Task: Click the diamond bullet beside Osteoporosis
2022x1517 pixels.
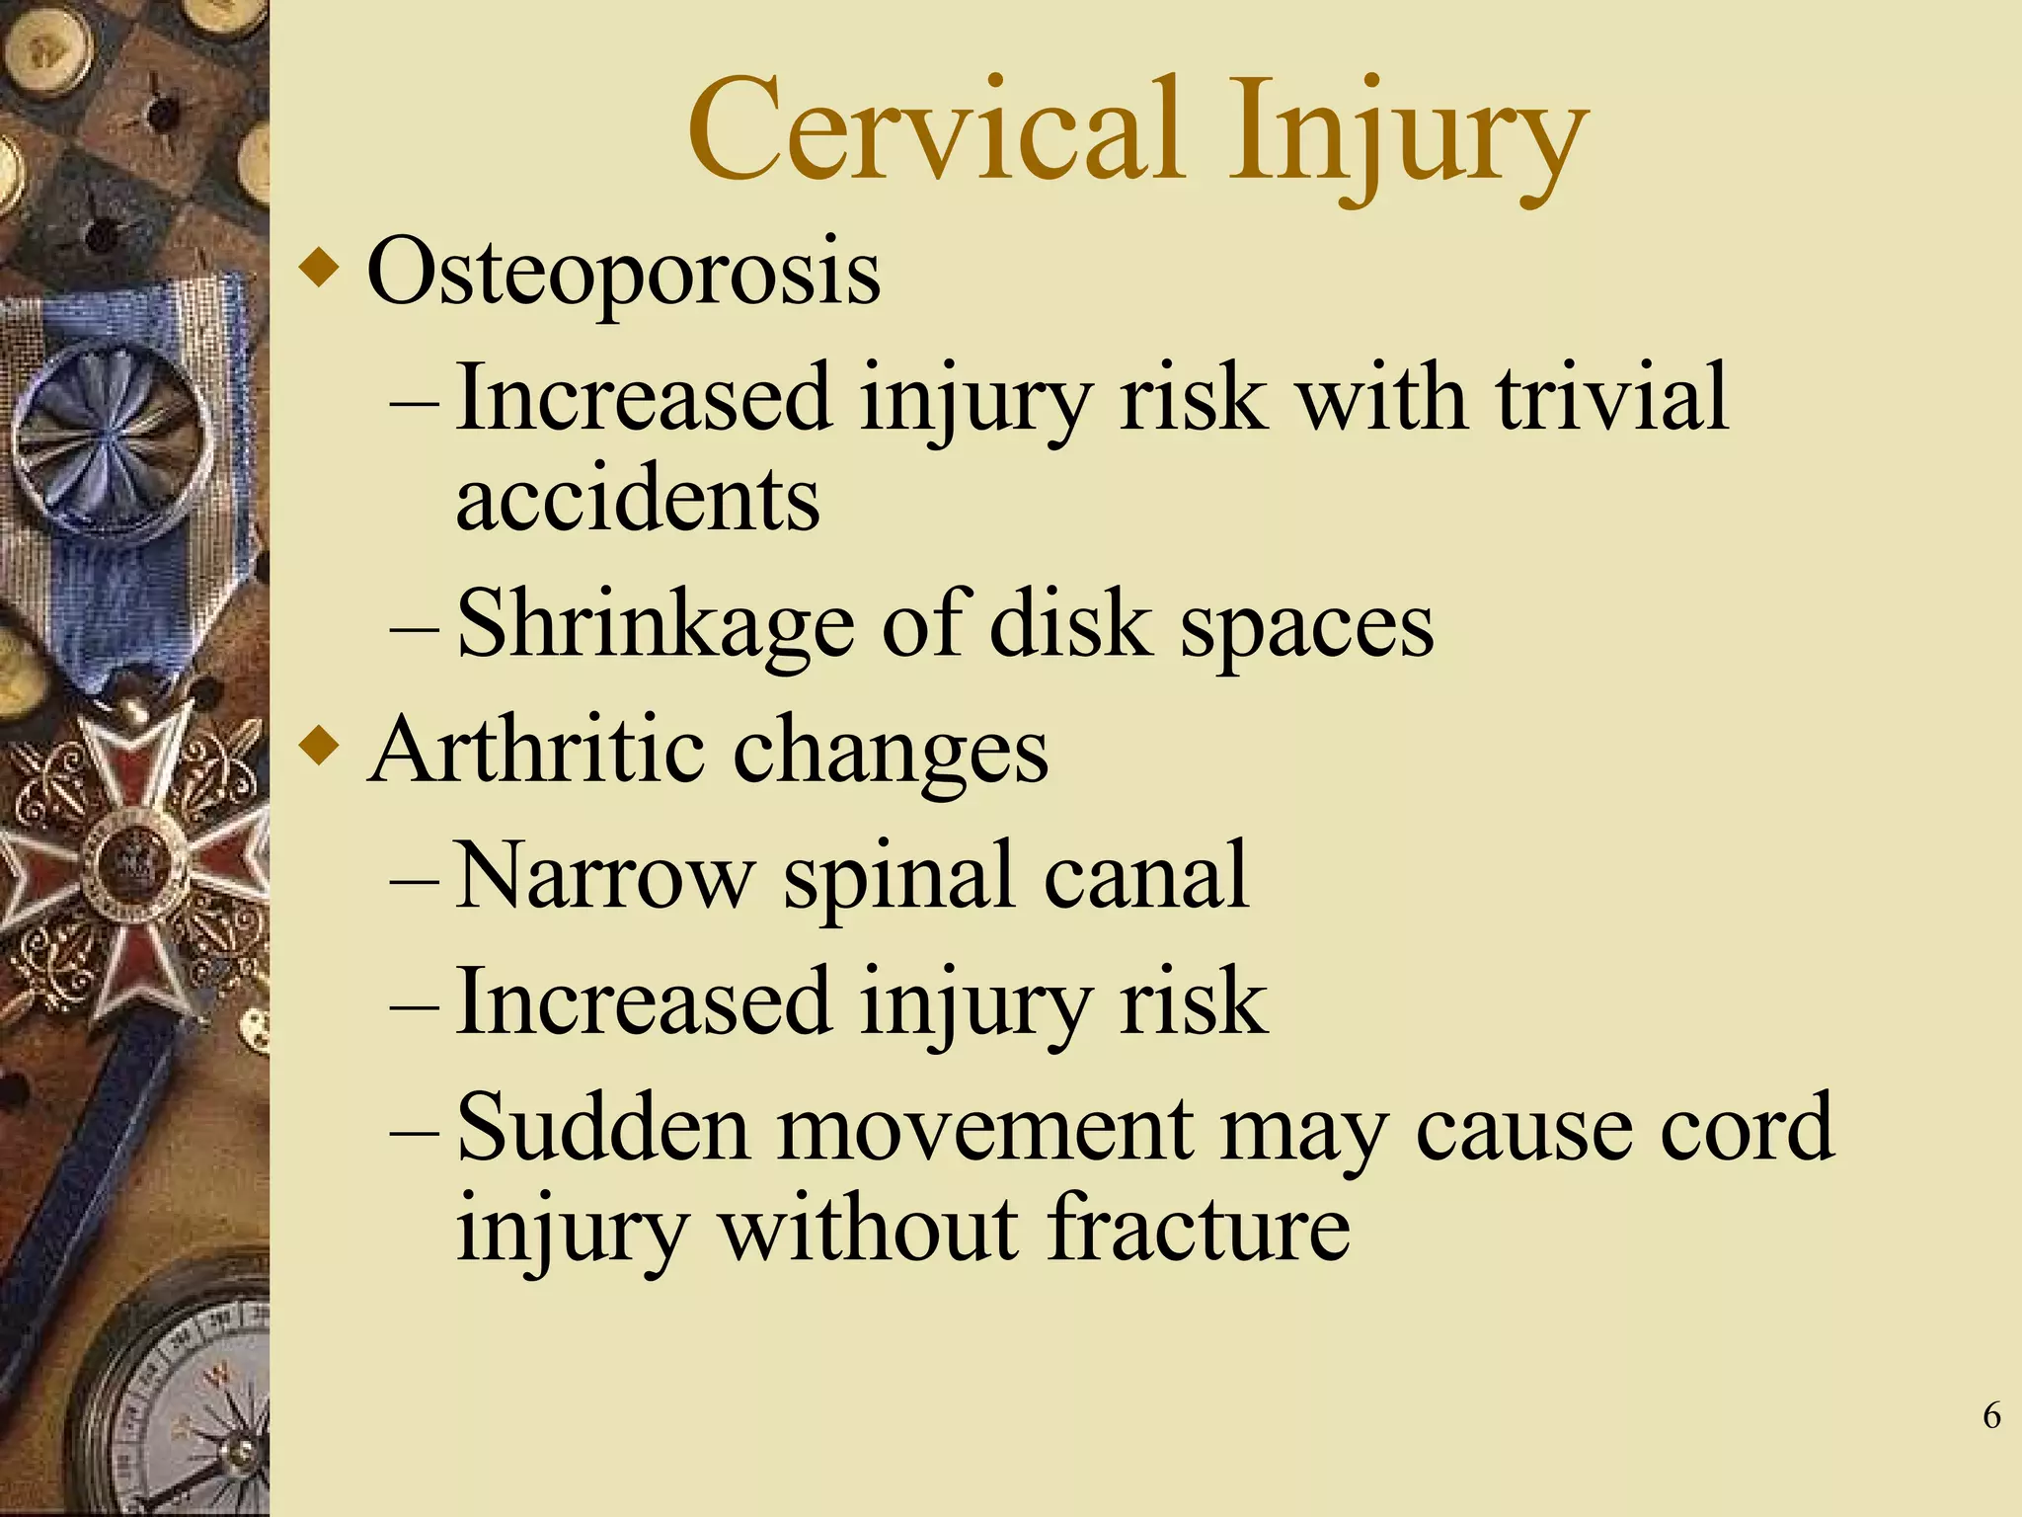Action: pos(318,268)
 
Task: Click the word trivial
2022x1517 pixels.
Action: pos(1611,397)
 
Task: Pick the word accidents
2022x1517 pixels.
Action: pos(637,499)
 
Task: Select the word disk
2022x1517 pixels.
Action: pos(1070,623)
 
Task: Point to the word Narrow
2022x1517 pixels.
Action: pos(605,876)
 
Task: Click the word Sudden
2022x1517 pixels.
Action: pos(603,1129)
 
